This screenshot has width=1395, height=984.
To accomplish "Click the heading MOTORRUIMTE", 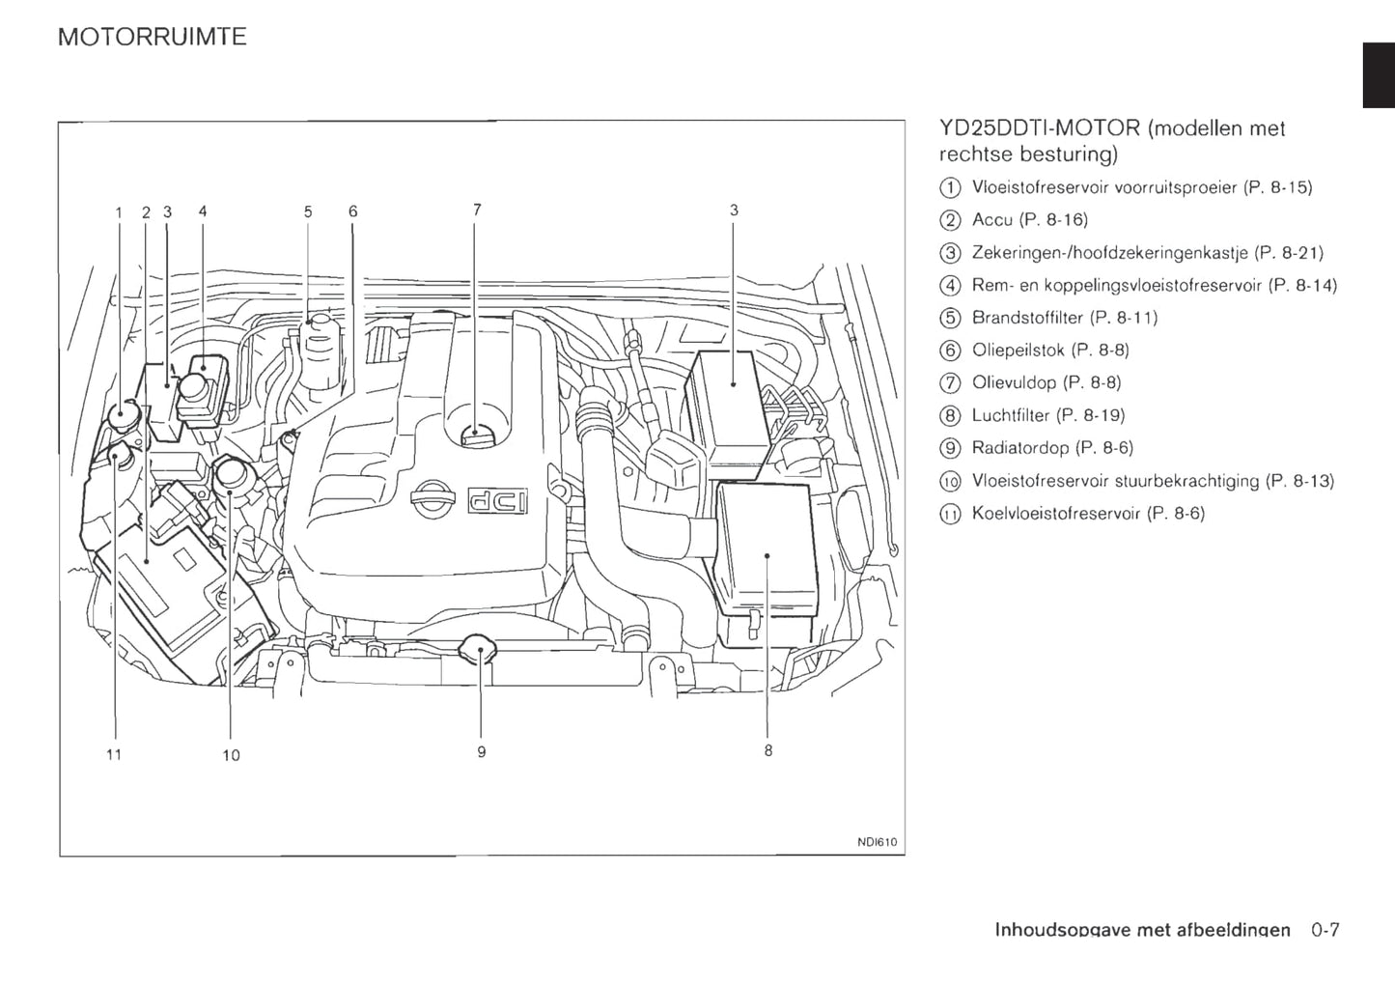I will coord(153,37).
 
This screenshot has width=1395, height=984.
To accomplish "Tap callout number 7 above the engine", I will coord(477,210).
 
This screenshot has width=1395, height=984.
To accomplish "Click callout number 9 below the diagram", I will coord(482,751).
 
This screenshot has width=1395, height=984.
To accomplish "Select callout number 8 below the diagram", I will coord(768,750).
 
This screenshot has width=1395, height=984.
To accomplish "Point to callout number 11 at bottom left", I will coord(114,754).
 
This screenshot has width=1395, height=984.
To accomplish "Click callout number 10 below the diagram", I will coord(231,755).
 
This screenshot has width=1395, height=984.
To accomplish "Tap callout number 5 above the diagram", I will coord(308,211).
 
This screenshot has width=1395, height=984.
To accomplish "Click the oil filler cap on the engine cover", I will coord(476,435).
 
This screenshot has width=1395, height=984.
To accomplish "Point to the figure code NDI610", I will coord(877,842).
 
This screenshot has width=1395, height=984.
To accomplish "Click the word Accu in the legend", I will coord(992,220).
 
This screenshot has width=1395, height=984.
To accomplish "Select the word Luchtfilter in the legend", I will coord(1010,415).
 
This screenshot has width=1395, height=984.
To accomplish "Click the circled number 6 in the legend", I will coord(950,351).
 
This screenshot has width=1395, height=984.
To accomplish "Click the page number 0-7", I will coord(1325,931).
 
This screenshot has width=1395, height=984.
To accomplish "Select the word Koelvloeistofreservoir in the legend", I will coord(1056,514).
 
